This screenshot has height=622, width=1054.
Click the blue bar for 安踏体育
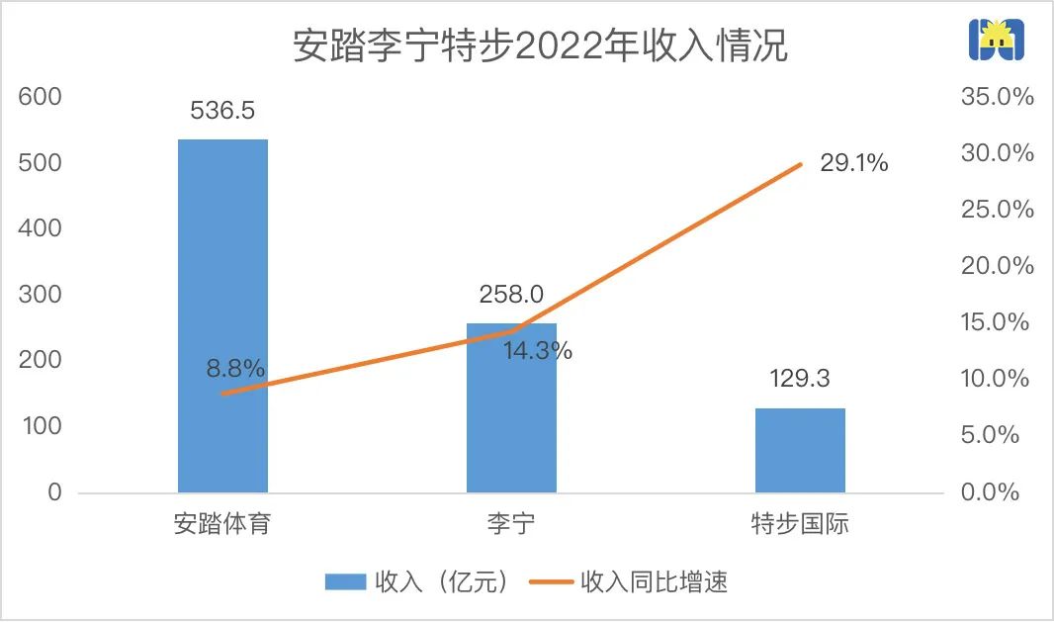(222, 315)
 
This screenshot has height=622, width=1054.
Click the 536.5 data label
(222, 110)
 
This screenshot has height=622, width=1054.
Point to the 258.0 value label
(511, 294)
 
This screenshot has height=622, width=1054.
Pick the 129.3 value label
(800, 379)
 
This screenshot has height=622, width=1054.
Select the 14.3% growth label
(537, 350)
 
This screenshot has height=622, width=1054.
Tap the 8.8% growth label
(235, 369)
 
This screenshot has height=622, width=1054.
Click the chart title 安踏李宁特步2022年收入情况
(540, 45)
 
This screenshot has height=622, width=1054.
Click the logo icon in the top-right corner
(995, 40)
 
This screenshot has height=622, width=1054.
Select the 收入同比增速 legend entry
(633, 581)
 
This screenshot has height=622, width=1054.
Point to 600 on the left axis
(41, 97)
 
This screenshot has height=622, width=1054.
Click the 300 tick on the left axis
(41, 295)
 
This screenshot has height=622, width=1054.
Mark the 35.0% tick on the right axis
(997, 97)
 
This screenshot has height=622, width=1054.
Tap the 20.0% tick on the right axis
(997, 266)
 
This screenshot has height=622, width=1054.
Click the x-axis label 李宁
(511, 523)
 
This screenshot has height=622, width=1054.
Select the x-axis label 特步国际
(800, 523)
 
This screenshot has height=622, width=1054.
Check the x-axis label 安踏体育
(222, 523)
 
